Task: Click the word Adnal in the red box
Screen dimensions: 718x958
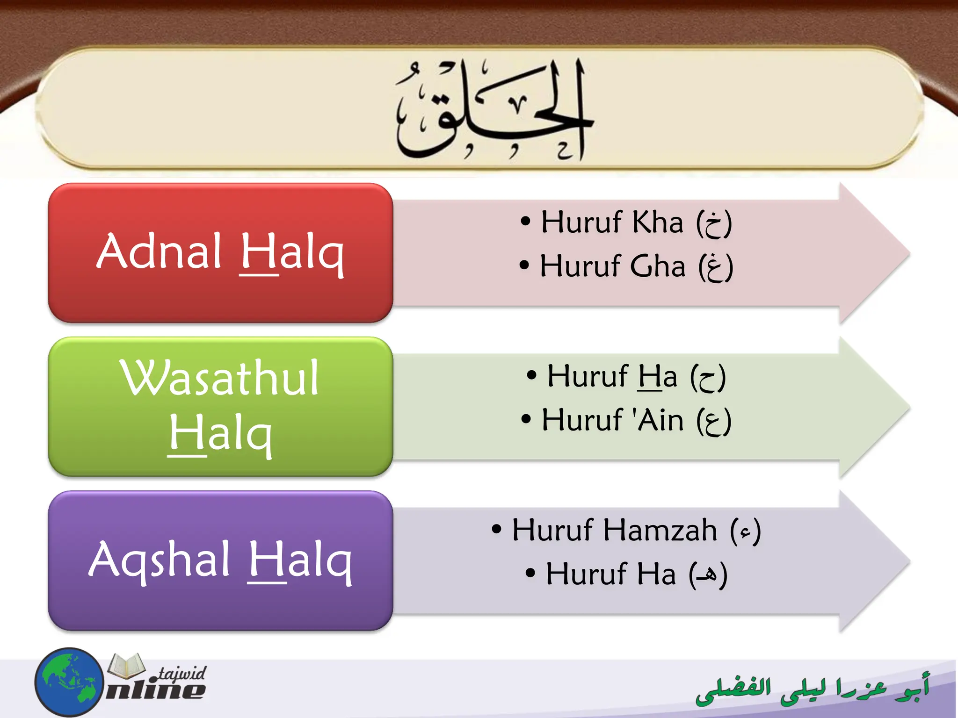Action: coord(159,252)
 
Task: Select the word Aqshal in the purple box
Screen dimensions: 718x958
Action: coord(159,560)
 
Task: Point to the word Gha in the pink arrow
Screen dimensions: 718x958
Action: coord(657,266)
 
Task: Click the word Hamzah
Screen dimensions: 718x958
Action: coord(660,531)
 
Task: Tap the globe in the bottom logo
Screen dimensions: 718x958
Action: coord(69,682)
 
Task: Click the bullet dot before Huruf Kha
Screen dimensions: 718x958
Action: coord(525,221)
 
